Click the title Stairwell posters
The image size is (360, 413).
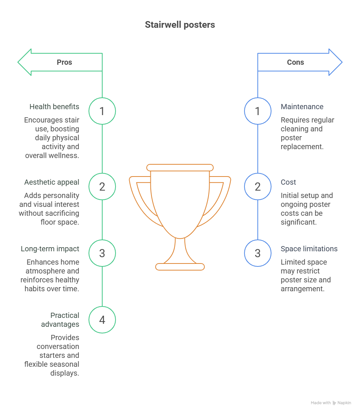[180, 25]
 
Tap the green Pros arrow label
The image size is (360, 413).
[64, 62]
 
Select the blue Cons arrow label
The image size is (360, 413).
[295, 62]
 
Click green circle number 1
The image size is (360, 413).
[102, 111]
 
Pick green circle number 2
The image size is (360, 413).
[102, 187]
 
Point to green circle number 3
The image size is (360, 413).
[102, 253]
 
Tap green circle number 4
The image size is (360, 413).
[102, 320]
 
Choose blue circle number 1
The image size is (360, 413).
[258, 111]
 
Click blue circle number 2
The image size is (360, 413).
[258, 187]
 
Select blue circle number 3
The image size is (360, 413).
[258, 253]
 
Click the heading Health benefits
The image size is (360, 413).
[54, 107]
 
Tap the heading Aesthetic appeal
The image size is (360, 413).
[51, 182]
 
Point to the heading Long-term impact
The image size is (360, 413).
[50, 249]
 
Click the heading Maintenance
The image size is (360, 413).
[302, 107]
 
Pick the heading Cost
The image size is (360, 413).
[288, 182]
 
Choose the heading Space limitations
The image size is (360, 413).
[309, 249]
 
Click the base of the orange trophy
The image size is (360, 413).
[180, 266]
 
